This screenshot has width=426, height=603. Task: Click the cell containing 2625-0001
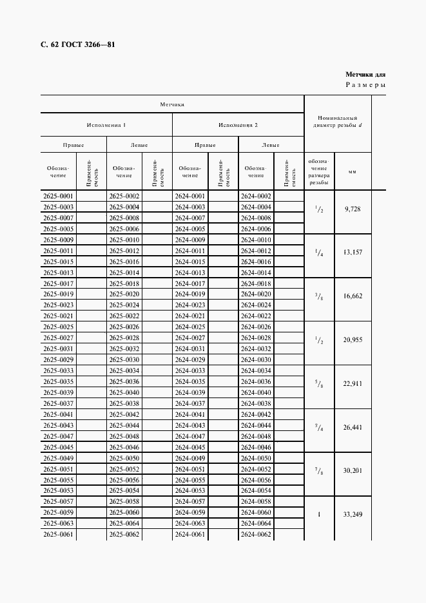[58, 196]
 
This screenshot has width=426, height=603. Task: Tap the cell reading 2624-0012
[255, 251]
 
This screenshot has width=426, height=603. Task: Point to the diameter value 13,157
[353, 253]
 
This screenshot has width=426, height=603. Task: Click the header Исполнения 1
[106, 124]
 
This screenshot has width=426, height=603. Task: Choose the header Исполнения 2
[238, 124]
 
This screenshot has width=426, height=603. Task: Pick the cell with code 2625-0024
[124, 305]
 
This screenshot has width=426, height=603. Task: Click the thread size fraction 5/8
[318, 384]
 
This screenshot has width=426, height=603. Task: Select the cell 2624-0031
[189, 349]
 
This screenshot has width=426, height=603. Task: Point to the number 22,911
[353, 383]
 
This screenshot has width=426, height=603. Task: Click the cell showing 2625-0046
[124, 447]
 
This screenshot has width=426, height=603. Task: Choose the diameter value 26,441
[353, 426]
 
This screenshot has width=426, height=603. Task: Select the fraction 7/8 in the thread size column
[318, 471]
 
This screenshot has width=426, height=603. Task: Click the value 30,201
[353, 470]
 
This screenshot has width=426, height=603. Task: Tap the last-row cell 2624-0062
[255, 534]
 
